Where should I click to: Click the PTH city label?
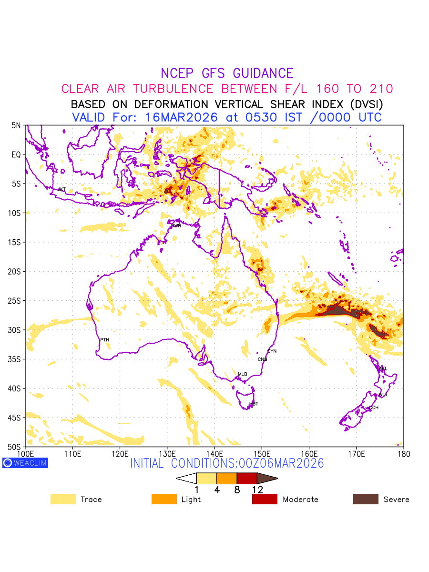pos(104,340)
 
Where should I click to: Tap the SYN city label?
pos(272,351)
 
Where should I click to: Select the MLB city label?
pos(243,374)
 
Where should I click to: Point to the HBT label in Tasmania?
pos(254,404)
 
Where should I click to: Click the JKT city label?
pos(61,190)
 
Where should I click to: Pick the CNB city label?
pos(262,359)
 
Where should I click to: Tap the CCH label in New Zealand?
pos(374,408)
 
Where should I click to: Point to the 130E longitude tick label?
pos(167,453)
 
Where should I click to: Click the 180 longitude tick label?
pos(404,453)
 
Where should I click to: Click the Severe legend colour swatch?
pos(366,499)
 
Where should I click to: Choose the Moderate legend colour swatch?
pos(265,499)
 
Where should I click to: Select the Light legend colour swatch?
pos(164,499)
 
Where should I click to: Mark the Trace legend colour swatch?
pos(63,499)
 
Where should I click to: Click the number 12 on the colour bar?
pos(257,490)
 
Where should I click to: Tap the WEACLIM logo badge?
pos(25,463)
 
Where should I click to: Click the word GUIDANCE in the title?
pos(263,73)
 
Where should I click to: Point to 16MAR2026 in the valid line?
pos(189,117)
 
